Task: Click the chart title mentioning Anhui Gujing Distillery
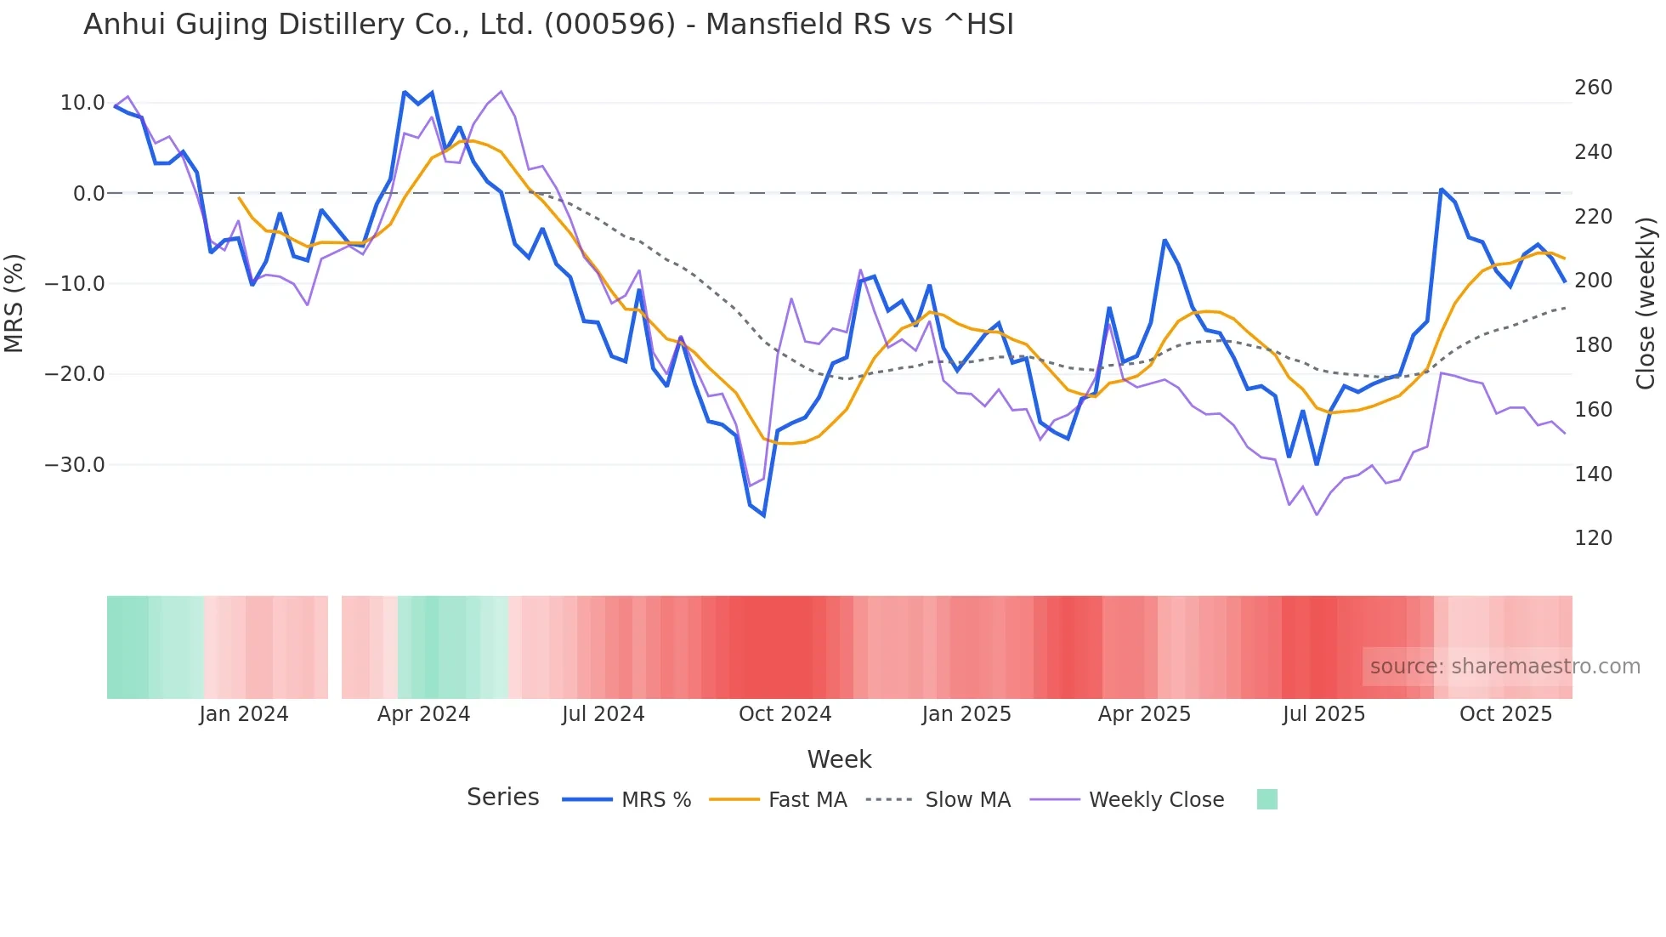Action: [548, 25]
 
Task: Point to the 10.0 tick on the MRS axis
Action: [82, 103]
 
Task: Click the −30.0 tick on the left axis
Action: [76, 465]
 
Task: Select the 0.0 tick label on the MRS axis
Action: [88, 194]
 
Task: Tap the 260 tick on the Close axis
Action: [1593, 88]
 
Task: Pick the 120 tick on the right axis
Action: [1593, 538]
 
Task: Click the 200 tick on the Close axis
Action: [1593, 281]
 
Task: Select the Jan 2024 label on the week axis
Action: [244, 714]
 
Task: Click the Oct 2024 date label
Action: [785, 714]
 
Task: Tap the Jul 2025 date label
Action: [1323, 714]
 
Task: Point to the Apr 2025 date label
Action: [1144, 714]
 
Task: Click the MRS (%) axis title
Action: [14, 304]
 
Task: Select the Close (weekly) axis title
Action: [1646, 304]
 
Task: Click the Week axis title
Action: [839, 759]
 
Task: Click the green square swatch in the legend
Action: [1266, 799]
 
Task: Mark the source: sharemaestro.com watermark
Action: [1504, 667]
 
